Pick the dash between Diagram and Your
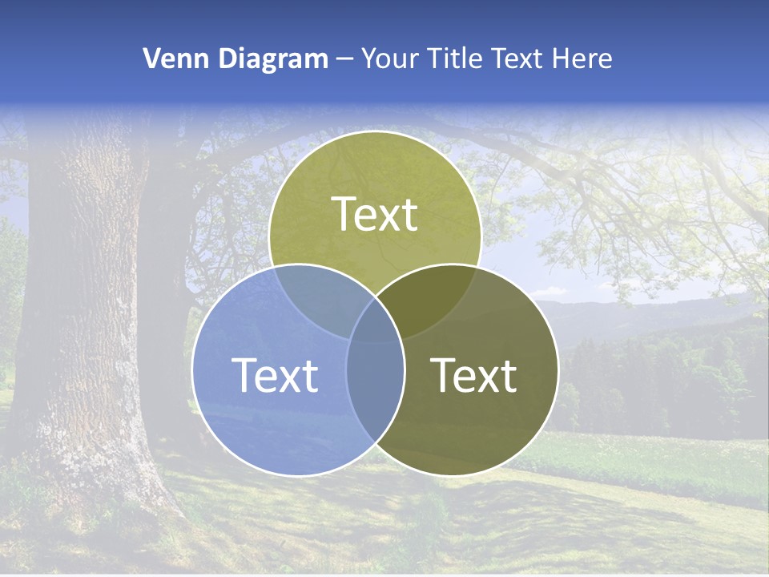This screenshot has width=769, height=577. (x=344, y=59)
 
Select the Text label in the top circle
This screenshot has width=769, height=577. (x=375, y=214)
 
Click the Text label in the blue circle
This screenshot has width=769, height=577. (x=275, y=375)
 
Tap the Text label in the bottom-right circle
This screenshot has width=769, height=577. (x=474, y=375)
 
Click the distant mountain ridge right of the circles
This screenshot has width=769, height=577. (x=641, y=309)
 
